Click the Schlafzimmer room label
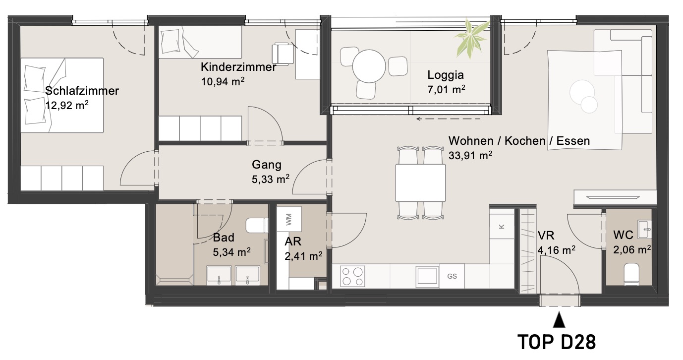point(82,91)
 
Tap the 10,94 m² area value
point(223,81)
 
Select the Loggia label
point(446,75)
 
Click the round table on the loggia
point(369,66)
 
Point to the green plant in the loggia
point(471,38)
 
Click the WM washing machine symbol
point(289,219)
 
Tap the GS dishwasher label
point(452,276)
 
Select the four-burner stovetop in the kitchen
point(352,276)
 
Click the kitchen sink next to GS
point(427,277)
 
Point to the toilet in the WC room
point(631,274)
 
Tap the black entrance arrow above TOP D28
point(559,319)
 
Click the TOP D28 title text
point(557,342)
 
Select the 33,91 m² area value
point(470,155)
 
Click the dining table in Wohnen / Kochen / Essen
point(420,183)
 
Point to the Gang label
point(267,165)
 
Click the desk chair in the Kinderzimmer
point(283,54)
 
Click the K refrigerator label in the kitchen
point(501,227)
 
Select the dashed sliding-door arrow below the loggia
point(448,119)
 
